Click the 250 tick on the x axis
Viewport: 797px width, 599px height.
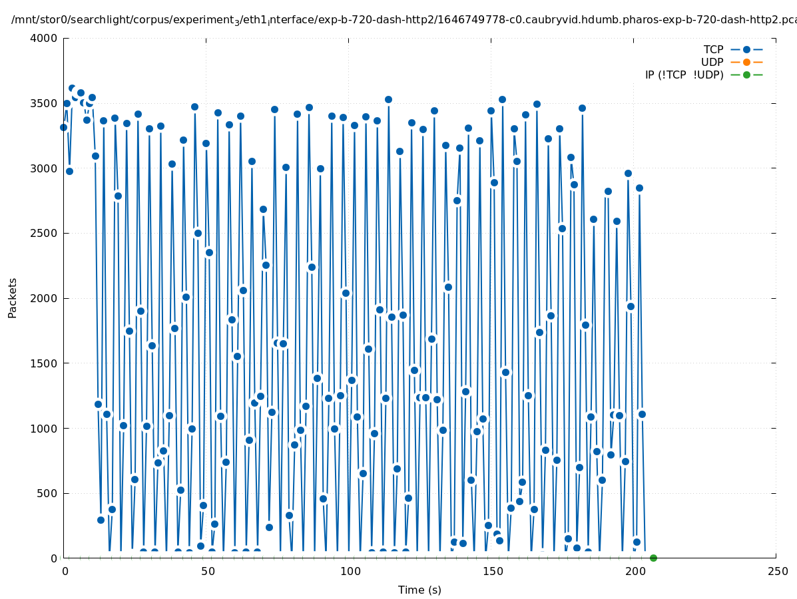pos(776,572)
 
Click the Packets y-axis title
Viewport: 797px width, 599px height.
pos(13,298)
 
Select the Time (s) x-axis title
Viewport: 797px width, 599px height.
pos(419,590)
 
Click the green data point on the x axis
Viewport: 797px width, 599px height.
pos(653,558)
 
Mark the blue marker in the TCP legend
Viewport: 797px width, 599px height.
pos(746,50)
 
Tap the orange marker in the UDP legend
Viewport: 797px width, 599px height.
pos(746,63)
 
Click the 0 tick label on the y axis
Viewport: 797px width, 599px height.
pos(55,558)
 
